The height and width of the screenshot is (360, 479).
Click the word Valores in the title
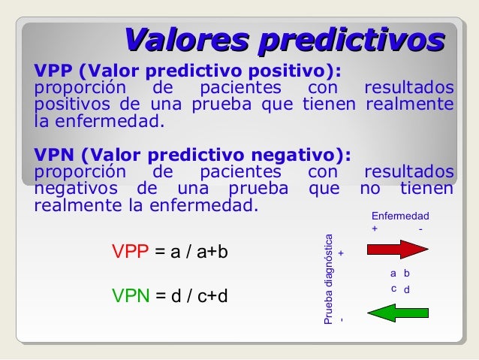pos(186,40)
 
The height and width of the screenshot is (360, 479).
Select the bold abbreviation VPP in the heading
pos(53,71)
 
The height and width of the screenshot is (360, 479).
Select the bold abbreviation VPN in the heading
pos(54,155)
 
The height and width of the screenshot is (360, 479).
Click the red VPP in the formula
pos(131,252)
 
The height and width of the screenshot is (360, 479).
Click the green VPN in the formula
pos(131,295)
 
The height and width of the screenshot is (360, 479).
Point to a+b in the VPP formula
pos(212,252)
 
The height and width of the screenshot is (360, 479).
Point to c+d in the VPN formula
pos(212,296)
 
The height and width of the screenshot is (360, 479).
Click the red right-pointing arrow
pos(398,250)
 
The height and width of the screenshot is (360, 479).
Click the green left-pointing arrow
pos(398,313)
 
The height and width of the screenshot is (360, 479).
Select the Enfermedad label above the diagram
pos(400,216)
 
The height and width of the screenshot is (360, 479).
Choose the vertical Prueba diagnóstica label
pos(328,280)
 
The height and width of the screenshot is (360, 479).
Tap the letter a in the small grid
pos(393,274)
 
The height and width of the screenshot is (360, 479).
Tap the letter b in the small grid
pos(407,273)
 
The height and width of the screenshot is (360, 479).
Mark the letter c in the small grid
pos(393,289)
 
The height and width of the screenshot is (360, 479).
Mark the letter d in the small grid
pos(407,289)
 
